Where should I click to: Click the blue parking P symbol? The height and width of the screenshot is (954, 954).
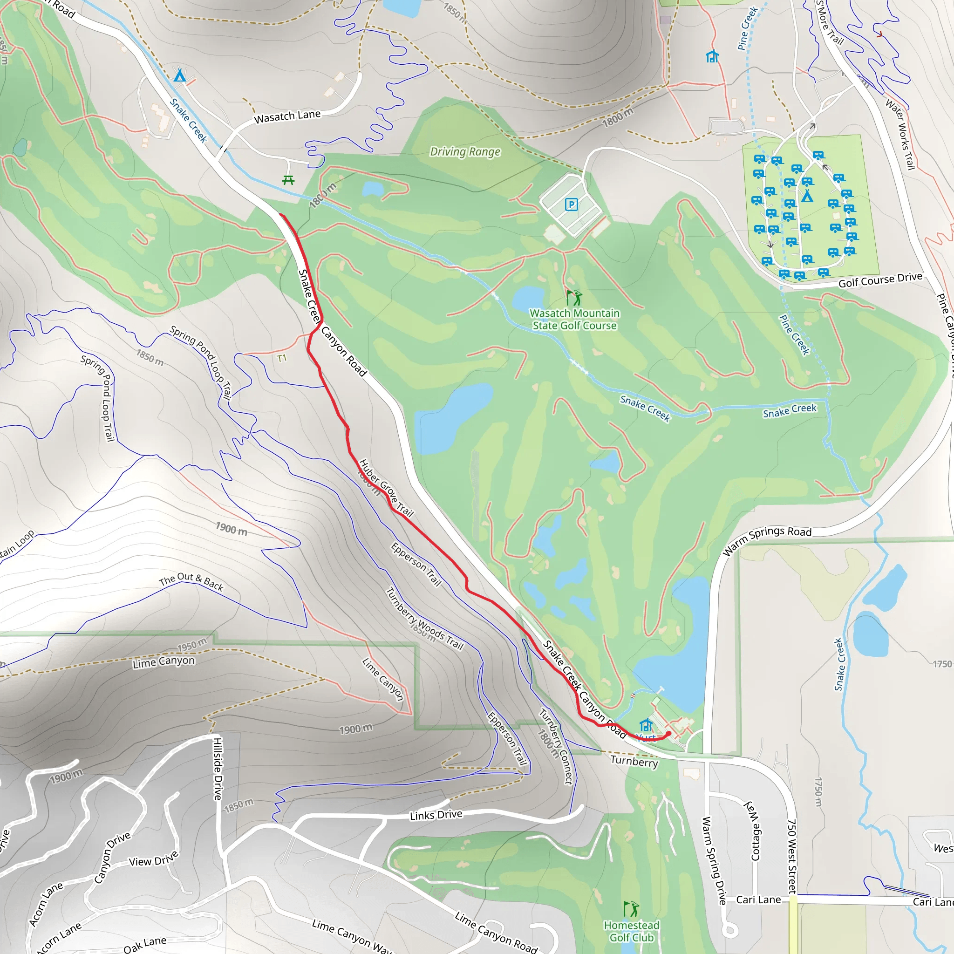(x=571, y=204)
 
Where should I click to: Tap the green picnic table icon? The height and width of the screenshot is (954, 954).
(x=288, y=180)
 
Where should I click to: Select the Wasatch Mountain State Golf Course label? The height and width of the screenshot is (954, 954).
(x=574, y=319)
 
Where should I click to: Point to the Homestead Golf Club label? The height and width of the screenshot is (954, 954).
(x=631, y=931)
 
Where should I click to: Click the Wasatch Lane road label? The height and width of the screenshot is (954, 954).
(x=287, y=116)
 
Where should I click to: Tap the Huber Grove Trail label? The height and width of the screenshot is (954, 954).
(x=386, y=487)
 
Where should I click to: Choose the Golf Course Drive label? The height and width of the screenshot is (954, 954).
(x=880, y=280)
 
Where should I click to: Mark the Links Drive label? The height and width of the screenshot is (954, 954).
(x=436, y=815)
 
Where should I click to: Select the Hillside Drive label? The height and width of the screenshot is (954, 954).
(x=218, y=768)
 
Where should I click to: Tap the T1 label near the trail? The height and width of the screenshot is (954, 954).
(x=281, y=358)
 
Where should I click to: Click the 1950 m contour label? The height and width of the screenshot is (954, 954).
(x=191, y=645)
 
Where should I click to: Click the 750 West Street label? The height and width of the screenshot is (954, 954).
(x=791, y=857)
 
